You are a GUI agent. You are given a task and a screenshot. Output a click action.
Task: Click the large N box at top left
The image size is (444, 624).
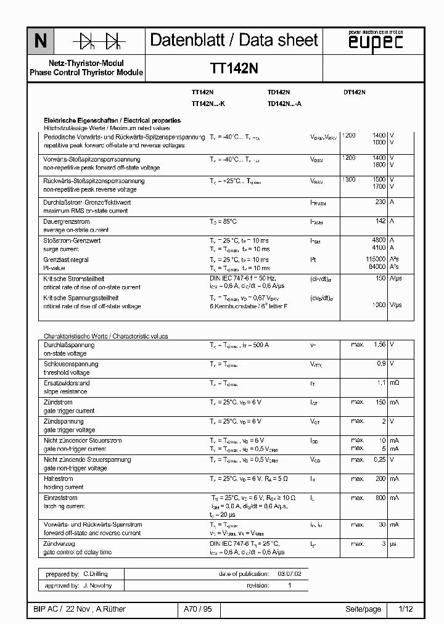(40, 41)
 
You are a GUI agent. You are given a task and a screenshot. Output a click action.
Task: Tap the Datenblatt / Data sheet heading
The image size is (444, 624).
(234, 41)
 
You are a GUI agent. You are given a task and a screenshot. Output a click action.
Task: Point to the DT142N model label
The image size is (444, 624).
(354, 92)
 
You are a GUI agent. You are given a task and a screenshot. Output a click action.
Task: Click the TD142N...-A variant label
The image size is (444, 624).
(284, 104)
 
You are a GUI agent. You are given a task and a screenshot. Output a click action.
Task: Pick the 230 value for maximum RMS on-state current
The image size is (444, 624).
(380, 202)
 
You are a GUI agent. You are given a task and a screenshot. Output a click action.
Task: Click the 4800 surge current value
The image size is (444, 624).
(379, 240)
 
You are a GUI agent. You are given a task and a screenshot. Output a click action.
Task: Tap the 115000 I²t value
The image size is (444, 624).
(376, 260)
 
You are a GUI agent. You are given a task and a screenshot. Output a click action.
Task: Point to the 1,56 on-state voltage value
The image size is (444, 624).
(379, 345)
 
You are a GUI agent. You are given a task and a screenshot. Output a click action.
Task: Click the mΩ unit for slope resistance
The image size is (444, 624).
(395, 383)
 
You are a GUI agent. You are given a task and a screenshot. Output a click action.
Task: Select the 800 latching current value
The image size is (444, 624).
(380, 497)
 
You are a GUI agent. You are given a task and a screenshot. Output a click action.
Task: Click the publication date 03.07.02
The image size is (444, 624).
(289, 573)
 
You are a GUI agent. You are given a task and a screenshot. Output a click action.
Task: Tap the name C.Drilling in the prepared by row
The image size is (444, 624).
(96, 573)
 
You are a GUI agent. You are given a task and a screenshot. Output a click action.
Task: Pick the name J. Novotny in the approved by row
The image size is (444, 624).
(97, 585)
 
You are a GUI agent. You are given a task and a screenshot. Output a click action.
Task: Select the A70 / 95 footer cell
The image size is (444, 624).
(197, 609)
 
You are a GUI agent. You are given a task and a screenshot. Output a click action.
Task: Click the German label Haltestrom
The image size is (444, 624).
(59, 478)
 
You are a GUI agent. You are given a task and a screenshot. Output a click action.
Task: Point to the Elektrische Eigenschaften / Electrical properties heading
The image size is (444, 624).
(112, 120)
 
